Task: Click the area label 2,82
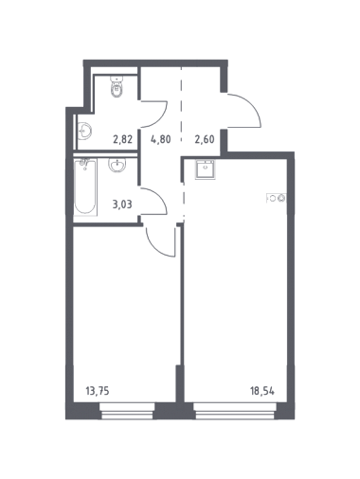click(x=122, y=139)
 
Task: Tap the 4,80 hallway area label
click(x=161, y=139)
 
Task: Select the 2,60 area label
click(x=205, y=139)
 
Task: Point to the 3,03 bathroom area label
click(x=122, y=204)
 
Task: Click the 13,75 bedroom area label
click(x=98, y=391)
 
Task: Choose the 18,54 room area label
click(x=262, y=392)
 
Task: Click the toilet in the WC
click(x=117, y=86)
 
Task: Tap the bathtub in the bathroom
click(x=85, y=187)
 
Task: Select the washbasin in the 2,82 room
click(x=84, y=131)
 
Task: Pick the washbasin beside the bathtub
click(x=117, y=165)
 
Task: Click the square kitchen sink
click(x=206, y=169)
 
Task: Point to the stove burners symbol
click(x=277, y=198)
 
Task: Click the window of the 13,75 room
click(x=127, y=411)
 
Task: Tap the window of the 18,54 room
click(x=235, y=411)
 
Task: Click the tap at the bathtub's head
click(x=84, y=163)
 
